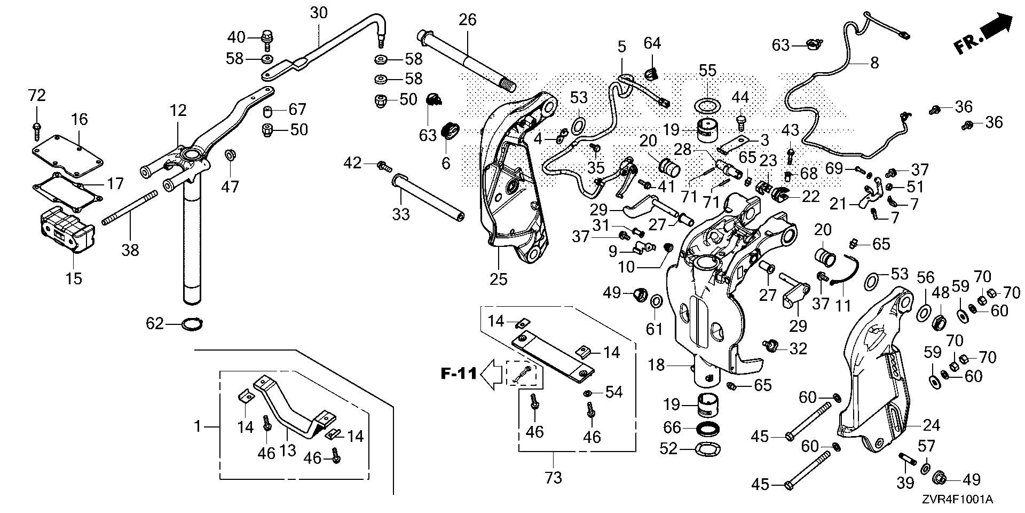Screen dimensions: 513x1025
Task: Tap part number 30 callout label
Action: coord(319,13)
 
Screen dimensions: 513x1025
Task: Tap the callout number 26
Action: coord(467,21)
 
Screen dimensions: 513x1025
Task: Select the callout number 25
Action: coord(499,279)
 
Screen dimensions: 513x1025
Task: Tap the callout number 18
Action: coord(656,365)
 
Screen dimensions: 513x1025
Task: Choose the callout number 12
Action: coord(178,111)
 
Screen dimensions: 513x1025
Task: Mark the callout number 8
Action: coord(874,63)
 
